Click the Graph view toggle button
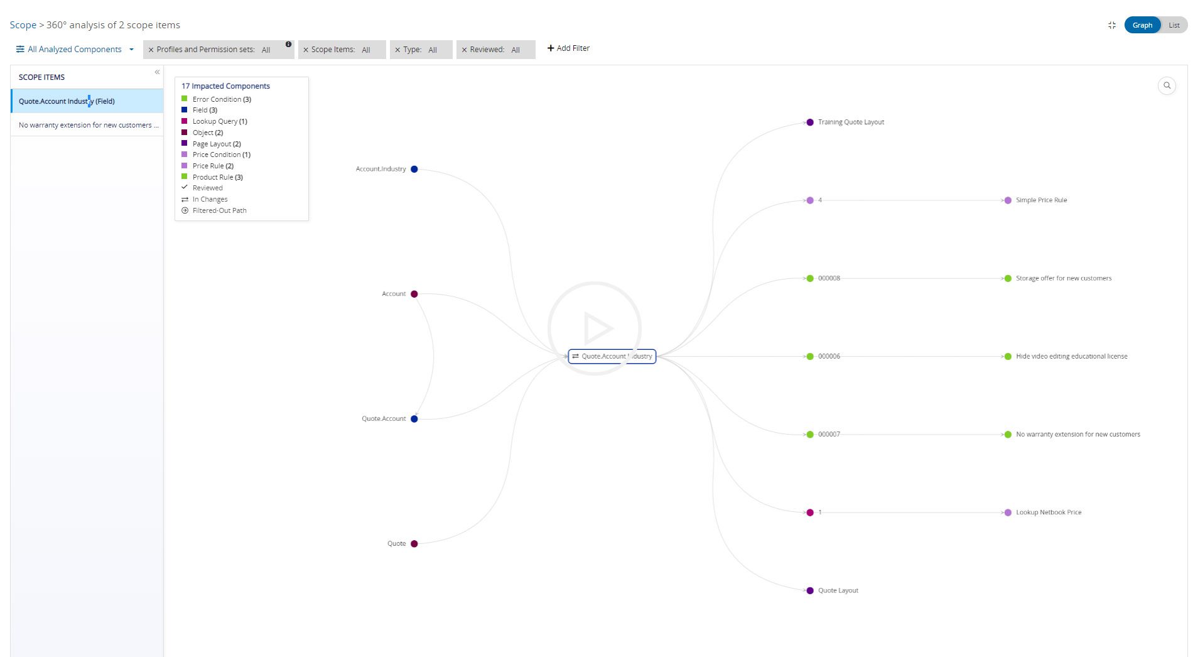pos(1142,25)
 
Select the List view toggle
pos(1174,25)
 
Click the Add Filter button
pos(568,48)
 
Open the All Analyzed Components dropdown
pos(75,49)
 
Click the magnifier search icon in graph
pos(1167,85)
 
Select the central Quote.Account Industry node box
pos(612,356)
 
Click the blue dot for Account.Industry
pos(414,169)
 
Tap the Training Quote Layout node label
pos(851,122)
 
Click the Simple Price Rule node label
pos(1041,200)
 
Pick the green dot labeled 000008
pos(810,278)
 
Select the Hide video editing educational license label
pos(1071,356)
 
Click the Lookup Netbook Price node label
pos(1049,513)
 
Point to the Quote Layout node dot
pos(810,590)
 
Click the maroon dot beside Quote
pos(414,544)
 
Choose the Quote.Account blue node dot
pos(414,419)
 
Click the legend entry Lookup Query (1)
pos(220,121)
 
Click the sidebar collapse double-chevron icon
pos(157,72)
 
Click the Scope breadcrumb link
pos(23,25)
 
